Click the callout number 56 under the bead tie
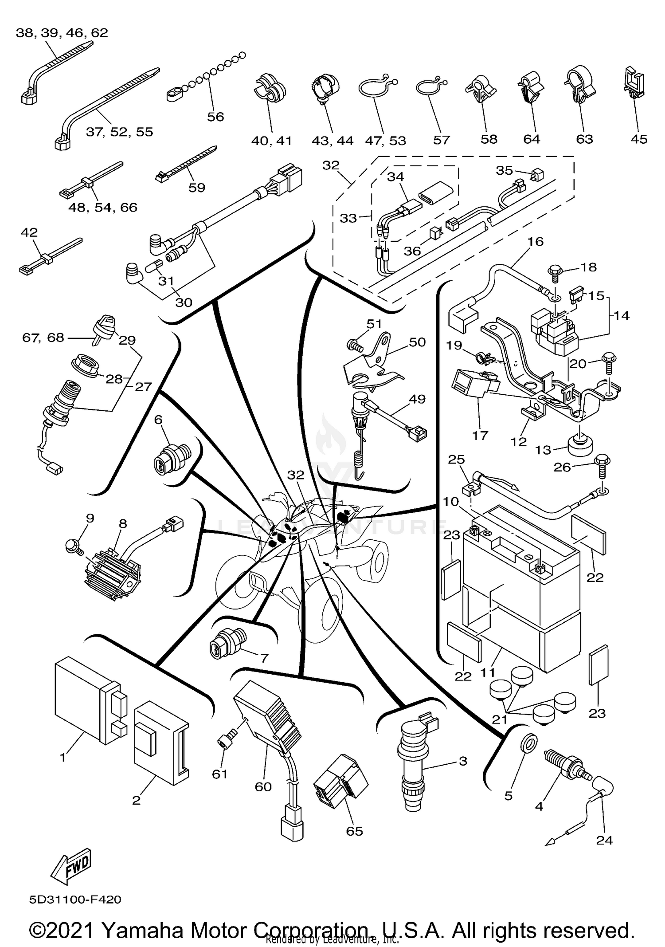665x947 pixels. coord(215,117)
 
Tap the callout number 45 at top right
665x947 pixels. coord(639,139)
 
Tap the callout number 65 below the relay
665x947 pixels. coord(354,831)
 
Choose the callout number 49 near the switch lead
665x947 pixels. coord(417,399)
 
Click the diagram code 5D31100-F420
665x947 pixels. coord(75,900)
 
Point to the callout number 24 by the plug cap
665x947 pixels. coord(604,840)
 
